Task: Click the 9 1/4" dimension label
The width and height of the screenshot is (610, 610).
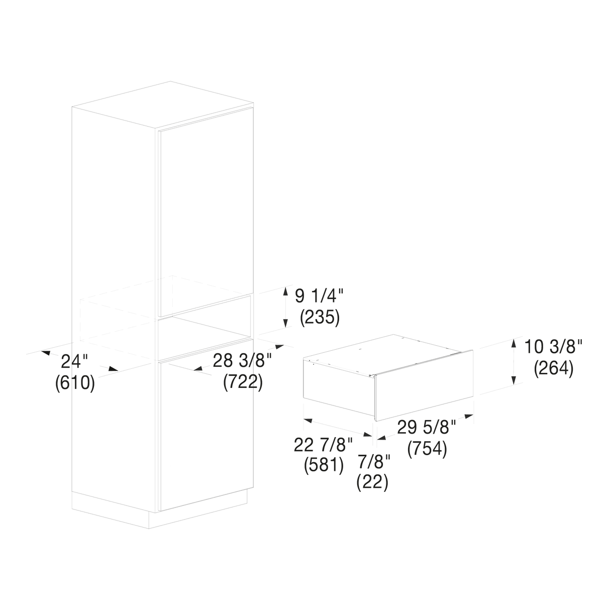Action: (319, 296)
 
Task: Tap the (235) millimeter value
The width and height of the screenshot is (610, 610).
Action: (320, 318)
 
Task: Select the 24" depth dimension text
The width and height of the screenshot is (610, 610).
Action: (74, 361)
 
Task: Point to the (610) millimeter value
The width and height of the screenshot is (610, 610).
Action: (75, 383)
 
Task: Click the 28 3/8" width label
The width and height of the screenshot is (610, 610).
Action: (242, 361)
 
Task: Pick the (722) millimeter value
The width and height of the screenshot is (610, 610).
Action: (243, 382)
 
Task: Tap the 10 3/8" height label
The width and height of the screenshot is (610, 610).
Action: (553, 347)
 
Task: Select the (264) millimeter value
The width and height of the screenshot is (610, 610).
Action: (554, 368)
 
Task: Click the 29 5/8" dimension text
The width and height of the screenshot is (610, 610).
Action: (427, 427)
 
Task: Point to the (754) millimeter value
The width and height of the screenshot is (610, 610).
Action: (427, 449)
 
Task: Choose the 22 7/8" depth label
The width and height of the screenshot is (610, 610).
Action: (323, 445)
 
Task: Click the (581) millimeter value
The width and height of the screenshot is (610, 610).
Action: (324, 466)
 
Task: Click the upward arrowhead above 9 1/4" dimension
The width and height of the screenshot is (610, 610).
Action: (285, 290)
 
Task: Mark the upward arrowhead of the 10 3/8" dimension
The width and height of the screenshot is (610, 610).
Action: (514, 344)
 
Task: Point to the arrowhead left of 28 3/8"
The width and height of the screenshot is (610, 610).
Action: (198, 368)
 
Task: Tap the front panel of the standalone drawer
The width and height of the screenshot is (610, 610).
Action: (424, 385)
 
